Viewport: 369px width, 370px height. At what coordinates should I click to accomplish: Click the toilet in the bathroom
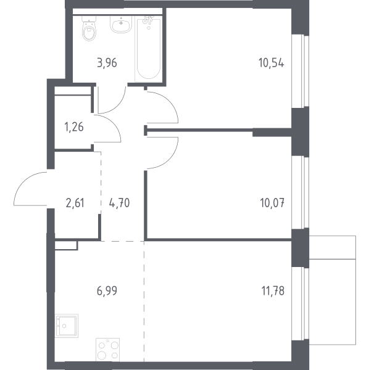pyautogui.click(x=89, y=28)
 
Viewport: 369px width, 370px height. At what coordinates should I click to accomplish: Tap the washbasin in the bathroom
pyautogui.click(x=121, y=24)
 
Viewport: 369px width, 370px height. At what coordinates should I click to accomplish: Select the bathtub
pyautogui.click(x=149, y=49)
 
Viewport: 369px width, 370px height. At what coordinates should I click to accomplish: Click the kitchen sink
pyautogui.click(x=67, y=326)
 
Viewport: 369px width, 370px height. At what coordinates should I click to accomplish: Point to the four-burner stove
pyautogui.click(x=107, y=350)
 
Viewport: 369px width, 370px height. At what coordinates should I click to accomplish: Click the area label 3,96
pyautogui.click(x=107, y=64)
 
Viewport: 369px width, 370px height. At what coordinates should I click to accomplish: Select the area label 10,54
pyautogui.click(x=272, y=63)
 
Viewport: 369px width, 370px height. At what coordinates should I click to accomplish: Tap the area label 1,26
pyautogui.click(x=74, y=127)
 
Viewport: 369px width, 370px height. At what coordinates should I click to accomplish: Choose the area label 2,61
pyautogui.click(x=75, y=203)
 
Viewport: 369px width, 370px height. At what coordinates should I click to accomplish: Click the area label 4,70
pyautogui.click(x=119, y=203)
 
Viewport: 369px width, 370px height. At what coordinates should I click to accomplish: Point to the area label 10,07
pyautogui.click(x=272, y=203)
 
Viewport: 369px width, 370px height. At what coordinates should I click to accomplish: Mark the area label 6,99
pyautogui.click(x=107, y=290)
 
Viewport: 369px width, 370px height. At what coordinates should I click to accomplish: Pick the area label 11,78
pyautogui.click(x=273, y=290)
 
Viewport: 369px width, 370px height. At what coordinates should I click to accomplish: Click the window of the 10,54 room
pyautogui.click(x=301, y=72)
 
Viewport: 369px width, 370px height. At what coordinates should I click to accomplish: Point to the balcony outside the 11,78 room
pyautogui.click(x=333, y=290)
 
